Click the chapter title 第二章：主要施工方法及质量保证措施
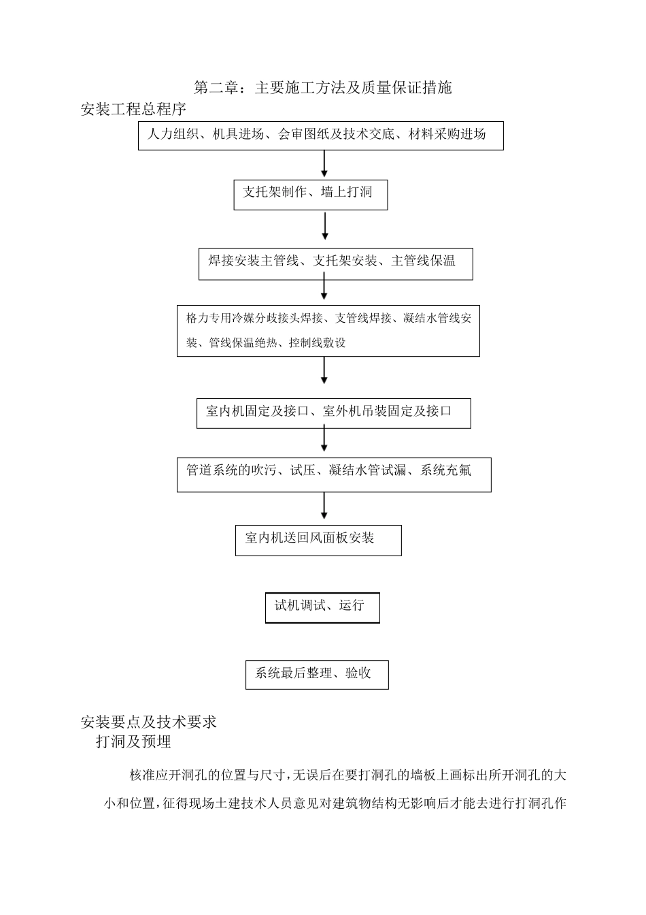click(322, 88)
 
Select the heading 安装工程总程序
click(133, 109)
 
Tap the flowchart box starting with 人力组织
click(320, 135)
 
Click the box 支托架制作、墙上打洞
click(310, 194)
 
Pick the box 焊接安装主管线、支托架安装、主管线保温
click(335, 263)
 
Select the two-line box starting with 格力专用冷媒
click(328, 331)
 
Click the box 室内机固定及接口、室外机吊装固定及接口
click(333, 413)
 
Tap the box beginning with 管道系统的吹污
click(333, 475)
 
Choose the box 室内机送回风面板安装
click(318, 540)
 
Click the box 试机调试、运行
click(322, 607)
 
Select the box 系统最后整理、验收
click(316, 675)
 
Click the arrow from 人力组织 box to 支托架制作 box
click(324, 164)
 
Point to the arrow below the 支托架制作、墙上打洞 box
click(325, 226)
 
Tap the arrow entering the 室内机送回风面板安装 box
click(324, 506)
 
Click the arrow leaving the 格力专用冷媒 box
click(324, 370)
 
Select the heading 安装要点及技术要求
click(148, 722)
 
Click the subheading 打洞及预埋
click(133, 742)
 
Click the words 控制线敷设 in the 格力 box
click(317, 343)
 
